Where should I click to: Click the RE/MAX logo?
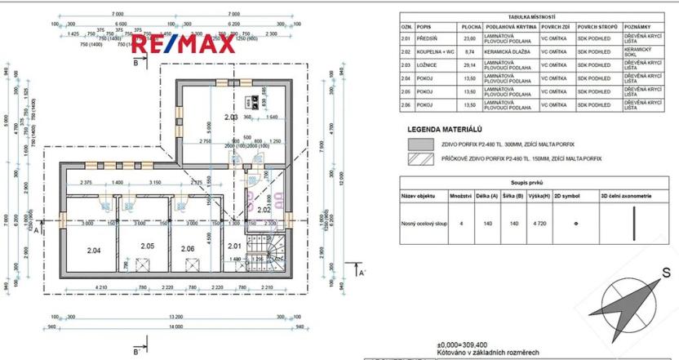(184, 44)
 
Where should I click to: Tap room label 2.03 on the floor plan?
(231, 118)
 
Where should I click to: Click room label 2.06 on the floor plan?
(188, 248)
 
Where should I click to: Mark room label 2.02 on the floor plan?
(264, 210)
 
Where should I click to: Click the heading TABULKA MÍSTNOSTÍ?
(531, 16)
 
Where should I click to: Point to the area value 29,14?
(468, 64)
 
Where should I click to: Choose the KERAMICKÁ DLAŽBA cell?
(508, 51)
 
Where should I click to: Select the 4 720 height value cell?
(539, 222)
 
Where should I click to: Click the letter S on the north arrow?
(666, 273)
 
